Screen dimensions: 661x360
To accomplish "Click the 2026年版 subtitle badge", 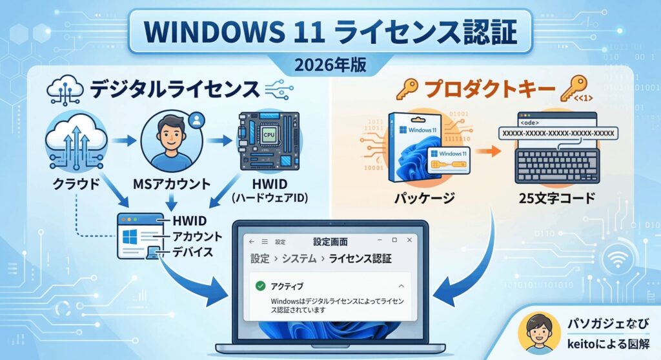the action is [330, 65].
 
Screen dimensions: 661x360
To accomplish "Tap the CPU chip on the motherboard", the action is [268, 135].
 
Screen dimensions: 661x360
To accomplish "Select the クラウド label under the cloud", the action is [77, 184].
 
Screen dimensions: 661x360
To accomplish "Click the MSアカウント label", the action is [172, 184].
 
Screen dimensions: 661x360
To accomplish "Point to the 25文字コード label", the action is [557, 197].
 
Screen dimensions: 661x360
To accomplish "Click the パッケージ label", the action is [425, 197].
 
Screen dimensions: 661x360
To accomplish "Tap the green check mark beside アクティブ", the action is [261, 286].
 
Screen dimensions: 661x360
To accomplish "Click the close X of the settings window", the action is [409, 240].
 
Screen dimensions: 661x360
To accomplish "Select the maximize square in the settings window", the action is [394, 240].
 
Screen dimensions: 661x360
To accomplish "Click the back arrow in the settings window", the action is [252, 241].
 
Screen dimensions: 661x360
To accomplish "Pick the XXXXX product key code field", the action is [558, 133].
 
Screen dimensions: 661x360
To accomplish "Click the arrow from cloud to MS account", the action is [124, 141].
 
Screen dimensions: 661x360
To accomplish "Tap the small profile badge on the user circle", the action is [196, 121].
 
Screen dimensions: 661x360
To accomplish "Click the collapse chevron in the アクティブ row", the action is [402, 286].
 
